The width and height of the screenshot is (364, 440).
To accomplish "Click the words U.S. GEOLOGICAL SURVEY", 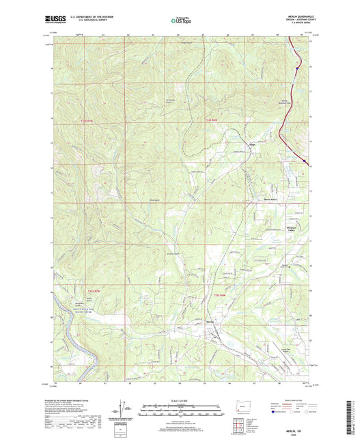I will pos(96,23).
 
